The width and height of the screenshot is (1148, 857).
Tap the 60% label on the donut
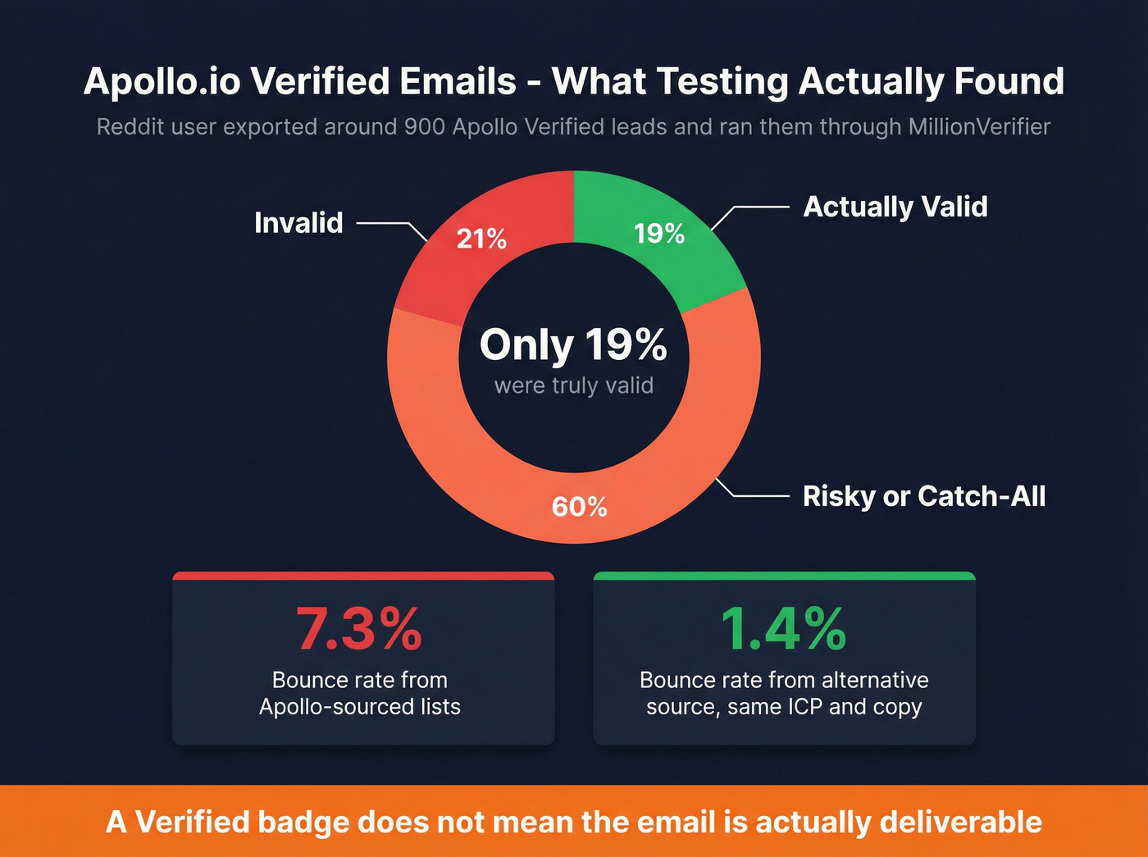pos(579,507)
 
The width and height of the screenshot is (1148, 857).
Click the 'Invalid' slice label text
pos(298,223)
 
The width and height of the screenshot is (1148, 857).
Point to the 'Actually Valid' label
pos(895,207)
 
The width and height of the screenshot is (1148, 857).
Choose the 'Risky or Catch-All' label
pos(924,496)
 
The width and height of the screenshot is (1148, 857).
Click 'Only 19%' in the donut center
pos(573,344)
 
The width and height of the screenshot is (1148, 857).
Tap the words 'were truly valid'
pos(574,385)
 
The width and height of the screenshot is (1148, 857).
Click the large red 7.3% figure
pos(359,629)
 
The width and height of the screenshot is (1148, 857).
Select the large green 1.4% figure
pos(783,629)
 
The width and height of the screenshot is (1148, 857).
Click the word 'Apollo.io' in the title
pos(162,82)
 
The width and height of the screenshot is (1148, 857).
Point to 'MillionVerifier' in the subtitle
pos(979,127)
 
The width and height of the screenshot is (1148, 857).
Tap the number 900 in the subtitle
pos(425,127)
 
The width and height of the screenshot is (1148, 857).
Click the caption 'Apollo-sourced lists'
pos(359,707)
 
